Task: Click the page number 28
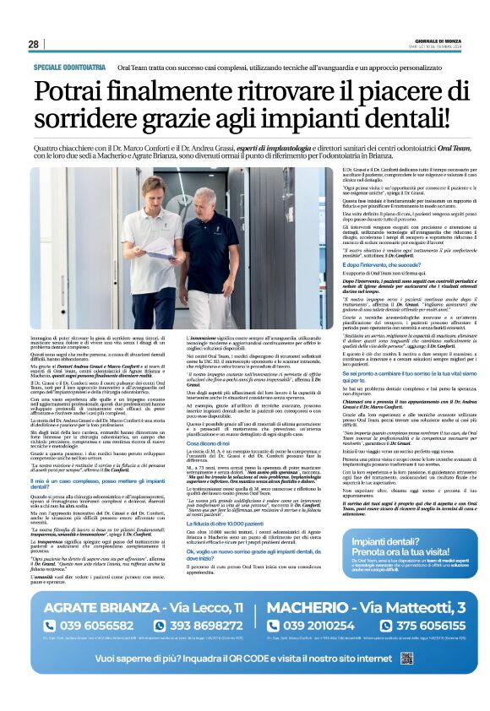pyautogui.click(x=33, y=44)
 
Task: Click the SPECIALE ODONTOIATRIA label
pyautogui.click(x=69, y=66)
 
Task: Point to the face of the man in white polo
pyautogui.click(x=154, y=190)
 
